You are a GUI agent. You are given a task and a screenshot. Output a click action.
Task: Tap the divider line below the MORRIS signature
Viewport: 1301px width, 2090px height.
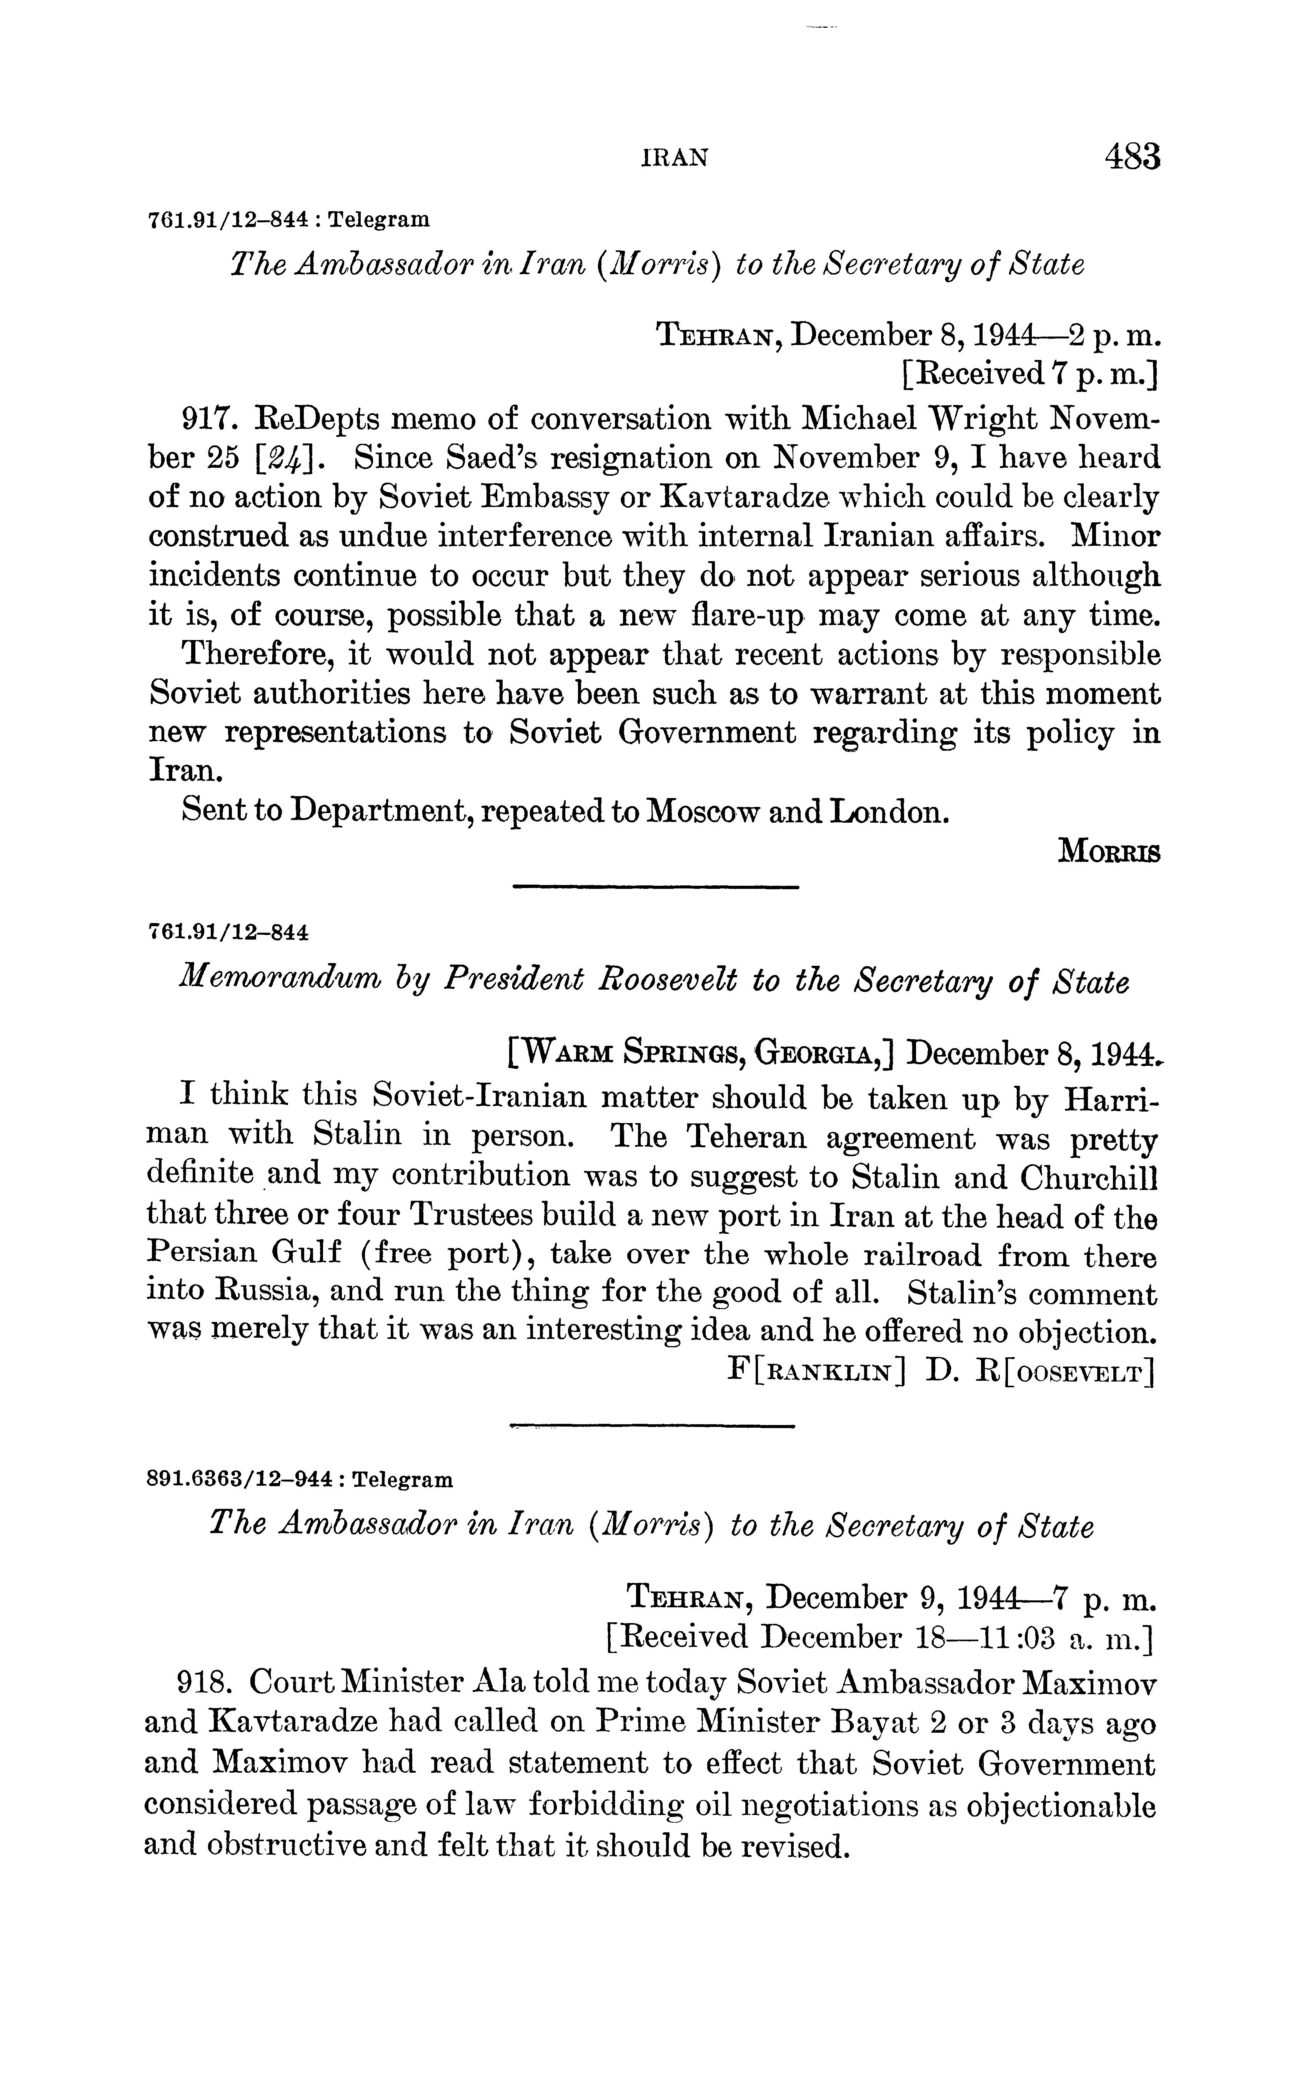pos(656,886)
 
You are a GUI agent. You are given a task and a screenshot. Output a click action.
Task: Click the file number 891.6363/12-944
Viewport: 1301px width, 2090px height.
pos(239,1480)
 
